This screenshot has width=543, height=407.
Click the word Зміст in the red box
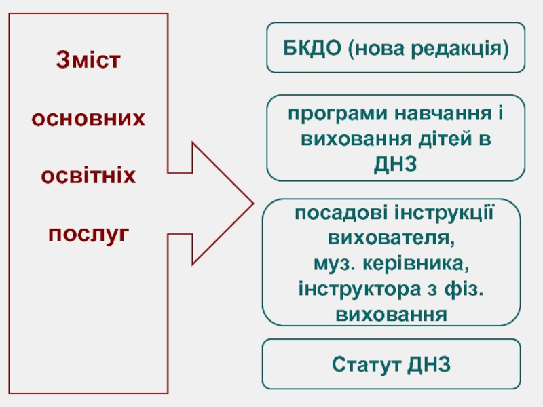coord(88,60)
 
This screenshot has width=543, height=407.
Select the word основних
coord(88,119)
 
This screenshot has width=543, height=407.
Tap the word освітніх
coord(88,176)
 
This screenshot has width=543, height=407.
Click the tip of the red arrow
coord(253,203)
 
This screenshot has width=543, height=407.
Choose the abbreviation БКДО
coord(312,47)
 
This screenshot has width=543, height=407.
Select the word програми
coord(337,114)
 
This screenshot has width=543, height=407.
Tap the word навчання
coord(443,114)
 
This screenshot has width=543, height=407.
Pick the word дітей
coord(445,138)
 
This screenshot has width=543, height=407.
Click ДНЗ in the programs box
coord(395,163)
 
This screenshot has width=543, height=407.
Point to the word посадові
coord(341,213)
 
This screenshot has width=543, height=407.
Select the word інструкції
coord(445,213)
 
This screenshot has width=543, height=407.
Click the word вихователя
coord(392,238)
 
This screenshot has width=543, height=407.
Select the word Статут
coord(367,364)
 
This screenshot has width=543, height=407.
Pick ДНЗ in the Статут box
coord(429,364)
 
